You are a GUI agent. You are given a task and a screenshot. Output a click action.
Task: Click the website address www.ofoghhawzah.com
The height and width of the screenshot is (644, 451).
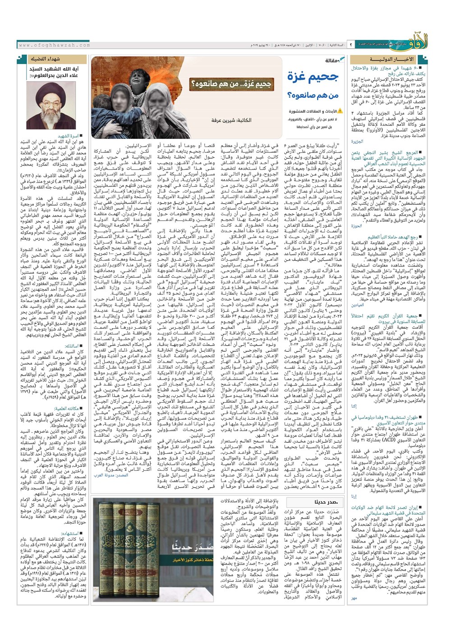[48, 45]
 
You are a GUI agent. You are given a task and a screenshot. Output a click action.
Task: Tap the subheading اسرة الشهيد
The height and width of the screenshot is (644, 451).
[69, 136]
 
